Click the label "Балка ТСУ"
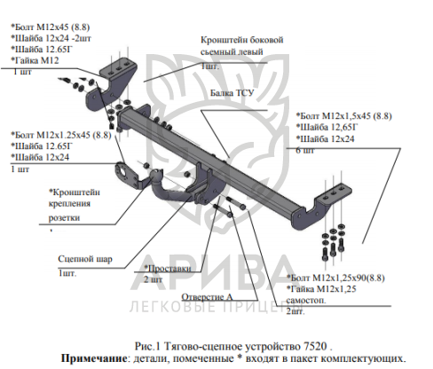232,93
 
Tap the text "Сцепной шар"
85,259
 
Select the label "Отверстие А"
207,297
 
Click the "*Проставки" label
168,269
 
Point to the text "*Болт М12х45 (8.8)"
51,27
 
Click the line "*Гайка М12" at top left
35,60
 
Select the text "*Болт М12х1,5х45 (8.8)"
344,116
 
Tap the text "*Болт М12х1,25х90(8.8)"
335,278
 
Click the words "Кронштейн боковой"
242,40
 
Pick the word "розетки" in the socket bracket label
64,218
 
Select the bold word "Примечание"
94,358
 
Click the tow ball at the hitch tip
156,175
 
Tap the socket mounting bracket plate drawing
126,175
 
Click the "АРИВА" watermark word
211,273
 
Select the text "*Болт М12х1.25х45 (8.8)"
61,135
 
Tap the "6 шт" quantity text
305,151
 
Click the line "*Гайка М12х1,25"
321,289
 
